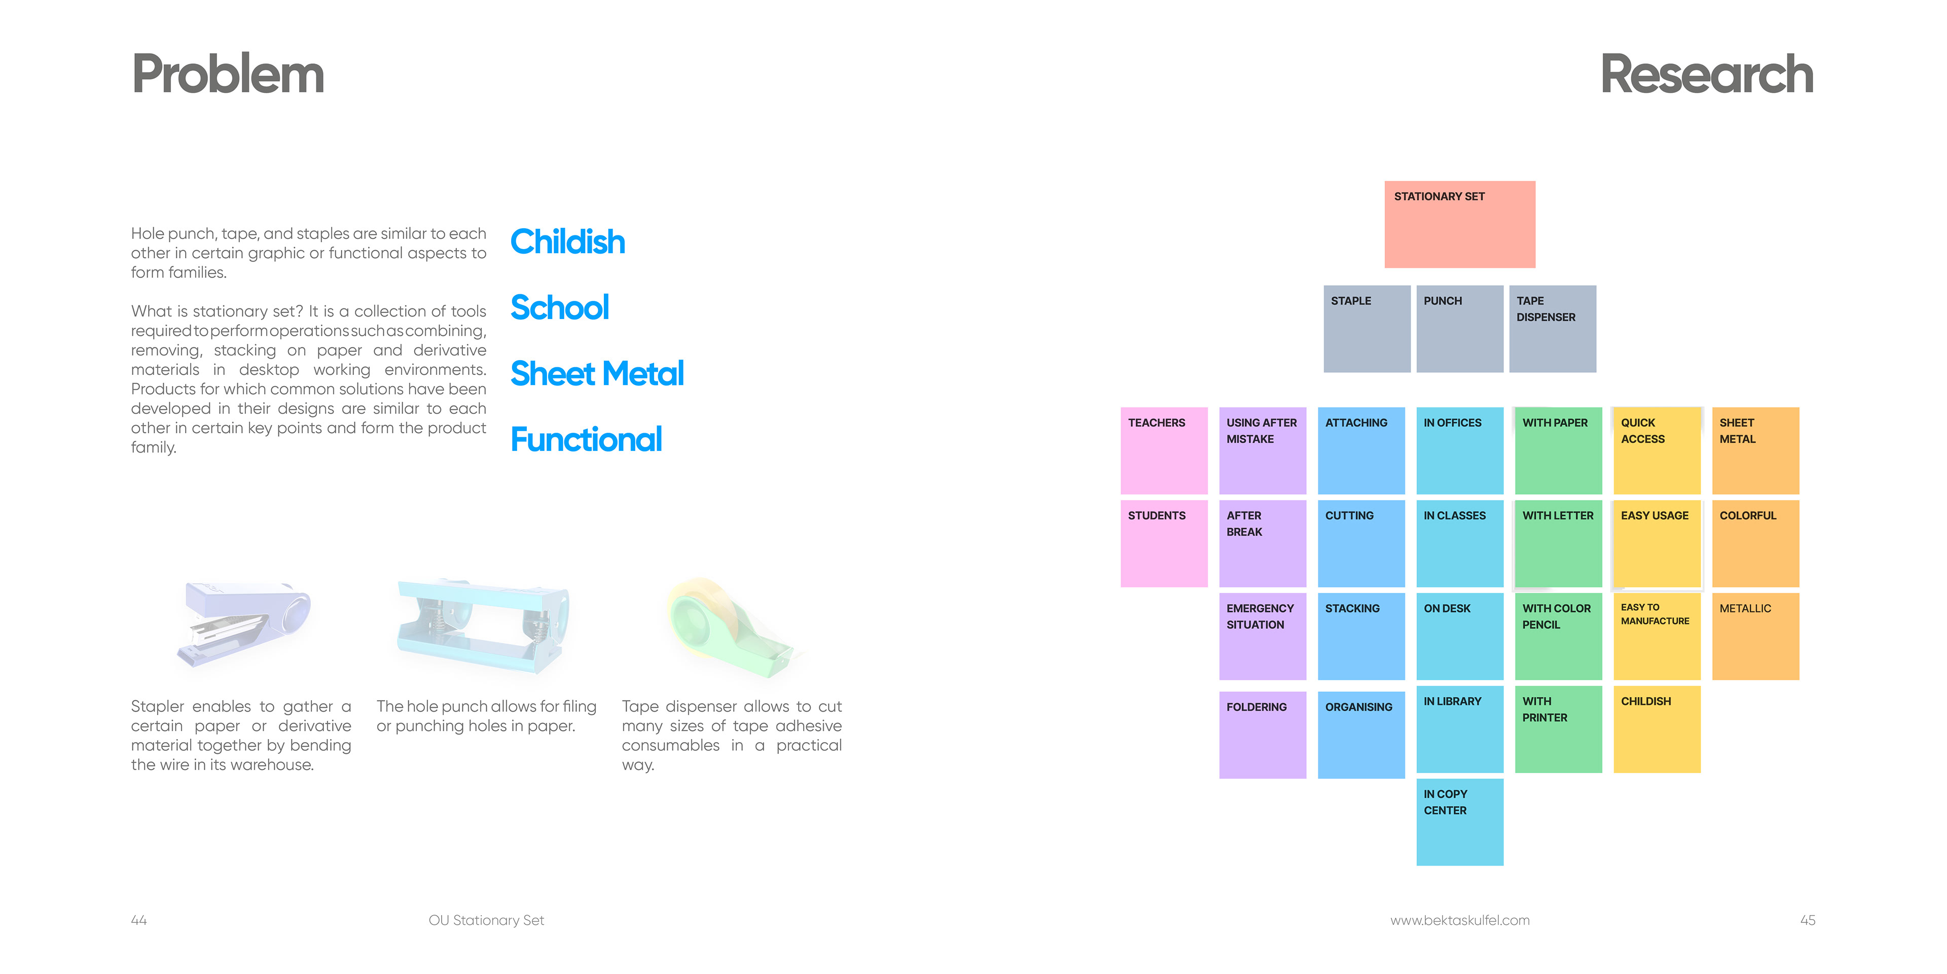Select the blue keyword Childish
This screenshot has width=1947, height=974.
(568, 242)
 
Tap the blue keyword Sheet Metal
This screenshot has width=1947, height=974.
(597, 373)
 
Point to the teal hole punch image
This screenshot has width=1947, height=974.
(484, 626)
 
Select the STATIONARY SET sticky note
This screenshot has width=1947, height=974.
(1460, 224)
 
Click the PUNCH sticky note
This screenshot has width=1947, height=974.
(1460, 328)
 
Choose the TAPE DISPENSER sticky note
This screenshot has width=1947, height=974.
(1553, 328)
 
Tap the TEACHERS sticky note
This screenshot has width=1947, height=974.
(1164, 450)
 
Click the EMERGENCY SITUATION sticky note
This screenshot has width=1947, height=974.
(1262, 636)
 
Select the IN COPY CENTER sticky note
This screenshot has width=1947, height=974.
(1460, 822)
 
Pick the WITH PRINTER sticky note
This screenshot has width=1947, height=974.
(1559, 729)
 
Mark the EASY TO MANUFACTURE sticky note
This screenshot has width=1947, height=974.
(1657, 636)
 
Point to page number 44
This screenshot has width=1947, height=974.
(139, 920)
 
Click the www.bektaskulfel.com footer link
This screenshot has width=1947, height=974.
(1460, 920)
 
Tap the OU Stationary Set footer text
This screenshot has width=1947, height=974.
(486, 920)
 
